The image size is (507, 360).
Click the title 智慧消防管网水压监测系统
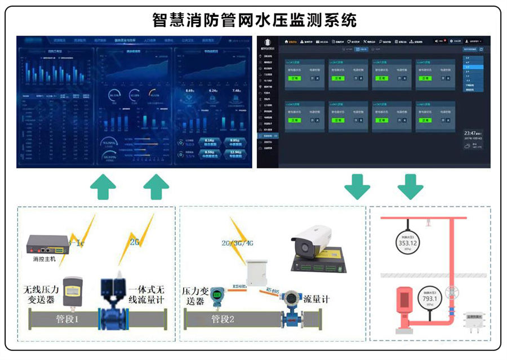tap(254, 21)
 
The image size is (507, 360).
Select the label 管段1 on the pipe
tap(70, 319)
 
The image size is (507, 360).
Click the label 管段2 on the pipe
tap(224, 319)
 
